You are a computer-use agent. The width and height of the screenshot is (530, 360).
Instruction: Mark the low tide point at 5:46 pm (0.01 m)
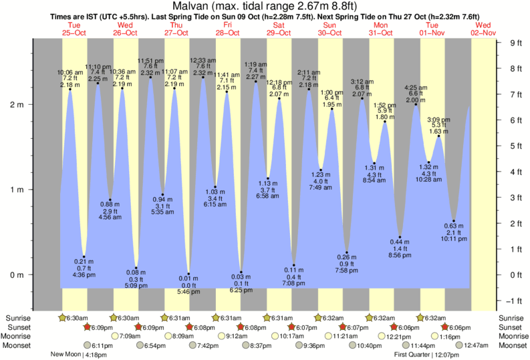click(189, 274)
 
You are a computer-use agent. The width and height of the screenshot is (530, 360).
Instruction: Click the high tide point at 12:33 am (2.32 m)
click(203, 77)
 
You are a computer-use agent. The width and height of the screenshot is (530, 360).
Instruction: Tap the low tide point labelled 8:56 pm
click(400, 237)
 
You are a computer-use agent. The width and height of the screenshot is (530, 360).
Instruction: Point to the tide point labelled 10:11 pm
click(454, 221)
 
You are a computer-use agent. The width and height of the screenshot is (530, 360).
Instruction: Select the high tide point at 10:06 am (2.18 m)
click(70, 89)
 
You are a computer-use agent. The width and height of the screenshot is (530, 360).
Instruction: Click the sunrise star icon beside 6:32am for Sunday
click(320, 317)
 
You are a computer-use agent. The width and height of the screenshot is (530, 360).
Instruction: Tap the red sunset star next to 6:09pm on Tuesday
click(87, 327)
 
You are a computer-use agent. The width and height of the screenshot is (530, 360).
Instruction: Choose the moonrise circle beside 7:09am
click(116, 336)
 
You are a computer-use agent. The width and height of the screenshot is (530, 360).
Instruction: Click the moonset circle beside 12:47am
click(460, 345)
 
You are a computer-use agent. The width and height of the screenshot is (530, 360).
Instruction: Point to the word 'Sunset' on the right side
click(512, 327)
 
